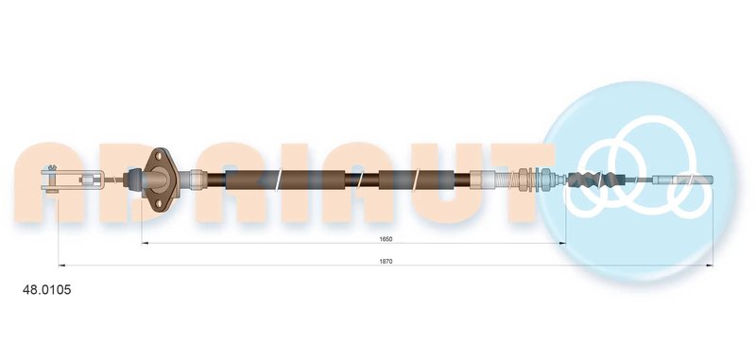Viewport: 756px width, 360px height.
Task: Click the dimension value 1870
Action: pos(387,261)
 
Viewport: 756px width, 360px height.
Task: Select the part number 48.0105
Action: pos(46,290)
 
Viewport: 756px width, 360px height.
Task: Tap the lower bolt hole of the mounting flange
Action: pos(159,203)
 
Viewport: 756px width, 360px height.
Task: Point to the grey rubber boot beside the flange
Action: pos(132,180)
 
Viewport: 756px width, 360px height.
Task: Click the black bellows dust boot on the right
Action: pos(592,180)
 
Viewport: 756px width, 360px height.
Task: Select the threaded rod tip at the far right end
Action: pos(682,180)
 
